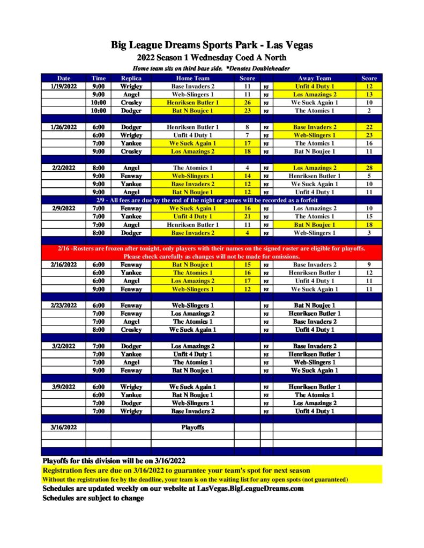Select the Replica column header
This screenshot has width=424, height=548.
click(x=131, y=78)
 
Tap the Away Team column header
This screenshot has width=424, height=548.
click(x=314, y=78)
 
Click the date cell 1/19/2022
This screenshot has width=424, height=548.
click(x=63, y=86)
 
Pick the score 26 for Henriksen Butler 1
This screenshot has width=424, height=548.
click(x=247, y=103)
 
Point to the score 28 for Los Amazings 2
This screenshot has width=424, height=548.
click(x=369, y=168)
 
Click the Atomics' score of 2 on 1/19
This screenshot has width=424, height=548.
click(x=369, y=111)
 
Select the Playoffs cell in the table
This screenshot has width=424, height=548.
click(x=192, y=428)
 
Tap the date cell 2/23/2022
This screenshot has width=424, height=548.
click(x=63, y=306)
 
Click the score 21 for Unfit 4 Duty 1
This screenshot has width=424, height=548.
click(x=247, y=217)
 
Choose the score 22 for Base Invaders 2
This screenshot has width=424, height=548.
click(x=369, y=127)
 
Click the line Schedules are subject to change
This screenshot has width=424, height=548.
click(x=93, y=498)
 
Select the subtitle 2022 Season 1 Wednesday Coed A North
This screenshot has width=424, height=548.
click(x=212, y=58)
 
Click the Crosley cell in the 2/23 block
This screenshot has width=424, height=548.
click(x=131, y=330)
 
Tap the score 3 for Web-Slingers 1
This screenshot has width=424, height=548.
click(x=369, y=233)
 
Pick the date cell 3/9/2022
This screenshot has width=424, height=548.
click(x=63, y=387)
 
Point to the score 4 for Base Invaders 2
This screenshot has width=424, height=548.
click(x=247, y=233)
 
